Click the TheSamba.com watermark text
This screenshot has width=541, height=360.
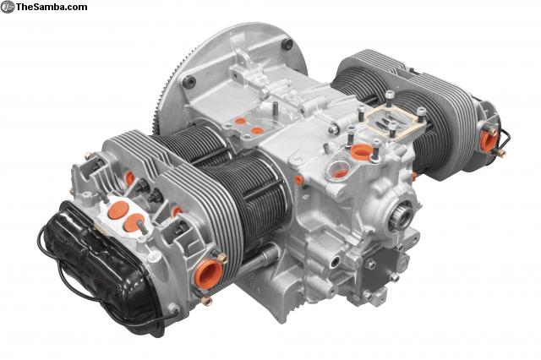[x=52, y=7]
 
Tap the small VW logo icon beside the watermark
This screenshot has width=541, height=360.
[x=8, y=7]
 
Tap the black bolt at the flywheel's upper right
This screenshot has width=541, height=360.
[x=287, y=44]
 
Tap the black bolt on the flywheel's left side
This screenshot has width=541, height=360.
[x=190, y=82]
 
